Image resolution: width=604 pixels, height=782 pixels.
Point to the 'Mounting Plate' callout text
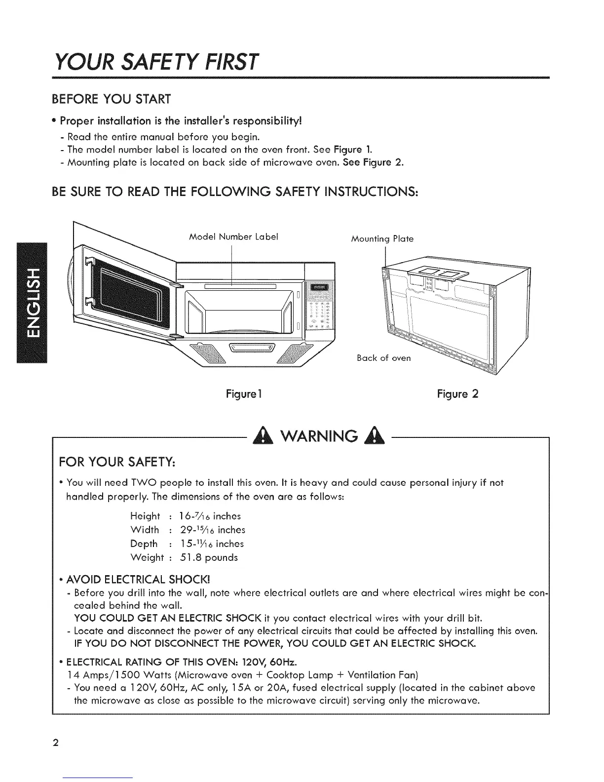[382, 239]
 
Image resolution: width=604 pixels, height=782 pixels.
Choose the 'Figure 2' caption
[457, 394]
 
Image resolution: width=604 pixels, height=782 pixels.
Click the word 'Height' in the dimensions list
[145, 516]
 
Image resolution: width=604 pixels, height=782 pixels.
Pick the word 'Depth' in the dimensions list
[144, 544]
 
